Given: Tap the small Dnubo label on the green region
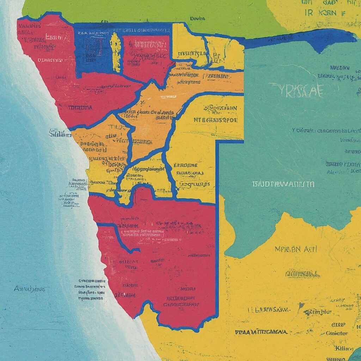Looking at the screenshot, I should click(197, 18).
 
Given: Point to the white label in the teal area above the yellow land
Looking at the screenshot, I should click(283, 184).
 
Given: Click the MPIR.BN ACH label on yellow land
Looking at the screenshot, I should click(295, 249).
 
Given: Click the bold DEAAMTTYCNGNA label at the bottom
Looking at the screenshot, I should click(261, 332).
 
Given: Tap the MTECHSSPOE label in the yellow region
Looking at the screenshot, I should click(215, 120).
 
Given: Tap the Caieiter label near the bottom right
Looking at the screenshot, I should click(337, 333).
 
